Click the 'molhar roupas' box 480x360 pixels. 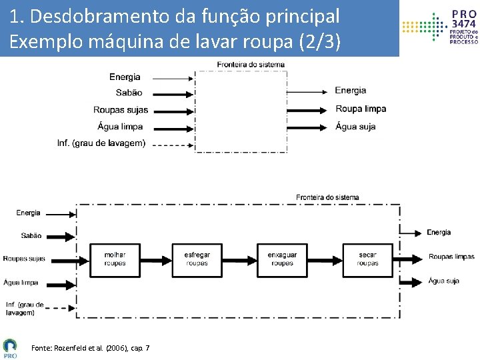(x=115, y=259)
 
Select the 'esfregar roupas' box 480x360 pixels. (x=197, y=259)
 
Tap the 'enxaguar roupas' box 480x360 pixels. (x=282, y=259)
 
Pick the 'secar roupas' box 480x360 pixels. (x=367, y=259)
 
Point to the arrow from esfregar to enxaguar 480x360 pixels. (x=240, y=259)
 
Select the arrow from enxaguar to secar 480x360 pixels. (x=325, y=259)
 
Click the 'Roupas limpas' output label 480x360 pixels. (x=451, y=257)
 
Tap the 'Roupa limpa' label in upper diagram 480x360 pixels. (x=361, y=109)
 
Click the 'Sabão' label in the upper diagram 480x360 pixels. (x=129, y=93)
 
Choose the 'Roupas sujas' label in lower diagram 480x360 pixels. (x=24, y=259)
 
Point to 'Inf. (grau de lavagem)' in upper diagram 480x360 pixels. (x=101, y=143)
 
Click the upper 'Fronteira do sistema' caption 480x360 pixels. (x=251, y=65)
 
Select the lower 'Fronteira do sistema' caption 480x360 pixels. (x=327, y=197)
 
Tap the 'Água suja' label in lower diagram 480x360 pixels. (x=443, y=281)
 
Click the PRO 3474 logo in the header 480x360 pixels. (x=440, y=27)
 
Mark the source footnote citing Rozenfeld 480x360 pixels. (x=90, y=348)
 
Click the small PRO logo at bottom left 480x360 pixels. (x=10, y=348)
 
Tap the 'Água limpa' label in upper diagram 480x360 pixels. (x=120, y=127)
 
